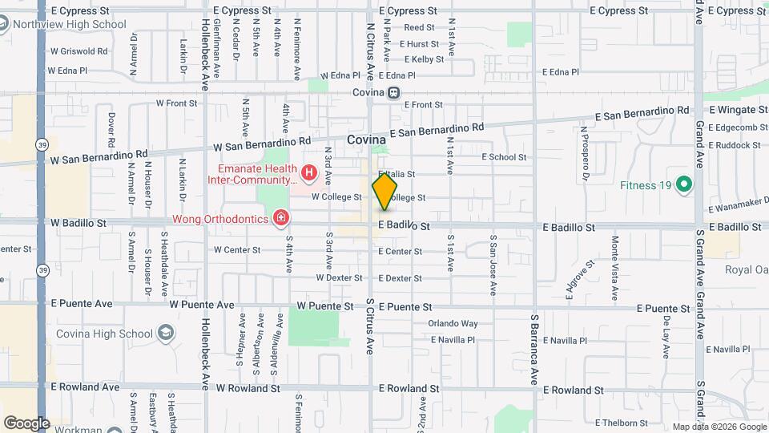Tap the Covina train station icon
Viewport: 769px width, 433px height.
point(393,92)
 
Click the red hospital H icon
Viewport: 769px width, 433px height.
point(308,172)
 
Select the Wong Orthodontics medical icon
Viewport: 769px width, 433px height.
point(280,217)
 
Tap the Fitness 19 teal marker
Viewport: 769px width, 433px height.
point(683,185)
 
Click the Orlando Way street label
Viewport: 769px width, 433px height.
point(453,324)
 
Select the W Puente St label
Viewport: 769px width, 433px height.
point(324,306)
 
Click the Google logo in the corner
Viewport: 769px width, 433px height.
point(26,423)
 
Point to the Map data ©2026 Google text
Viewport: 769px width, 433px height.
point(719,427)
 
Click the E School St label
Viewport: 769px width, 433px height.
point(504,157)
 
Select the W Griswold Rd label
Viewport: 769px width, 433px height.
point(78,51)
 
